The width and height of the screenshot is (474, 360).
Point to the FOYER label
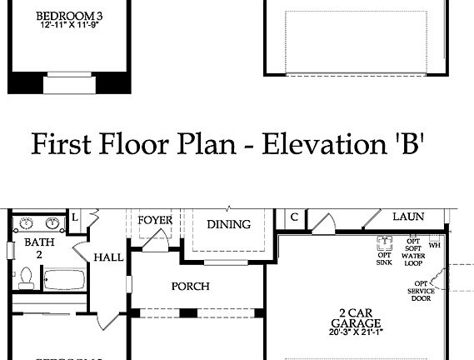[155, 221]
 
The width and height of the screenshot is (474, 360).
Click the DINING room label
[228, 224]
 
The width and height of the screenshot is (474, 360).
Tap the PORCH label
[190, 287]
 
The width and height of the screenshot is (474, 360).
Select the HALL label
[108, 258]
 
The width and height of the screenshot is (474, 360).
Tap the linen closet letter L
[74, 217]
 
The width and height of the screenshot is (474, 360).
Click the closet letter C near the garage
[294, 217]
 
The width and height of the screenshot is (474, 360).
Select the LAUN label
[408, 217]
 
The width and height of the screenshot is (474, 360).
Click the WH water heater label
[435, 246]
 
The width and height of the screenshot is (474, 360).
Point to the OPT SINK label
[384, 258]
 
